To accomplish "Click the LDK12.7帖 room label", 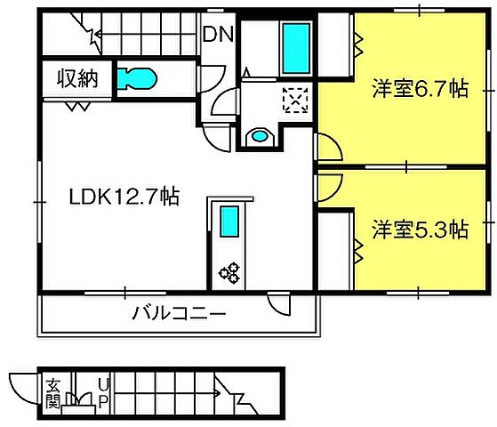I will click(x=124, y=197).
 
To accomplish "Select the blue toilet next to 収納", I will click(x=136, y=79).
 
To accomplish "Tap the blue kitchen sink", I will click(x=229, y=221).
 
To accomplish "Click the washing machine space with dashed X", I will click(x=293, y=99).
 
